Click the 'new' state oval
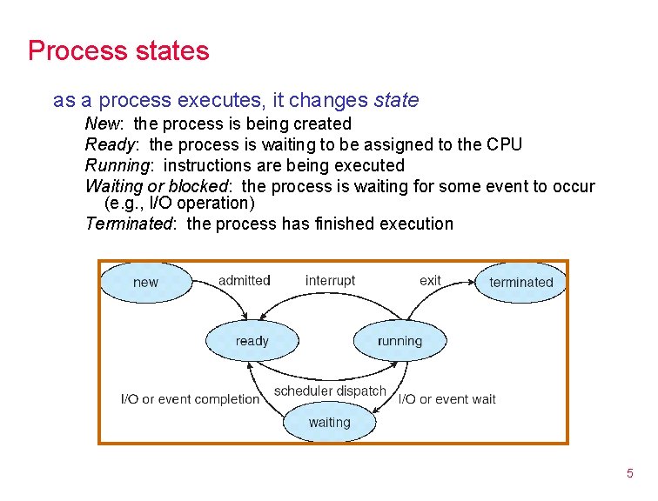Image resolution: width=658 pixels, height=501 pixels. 145,282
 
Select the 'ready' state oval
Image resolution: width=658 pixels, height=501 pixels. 252,341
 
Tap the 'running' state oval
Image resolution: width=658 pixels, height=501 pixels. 399,341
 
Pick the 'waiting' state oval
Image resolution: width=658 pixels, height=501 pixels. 329,423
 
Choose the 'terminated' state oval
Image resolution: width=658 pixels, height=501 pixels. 520,282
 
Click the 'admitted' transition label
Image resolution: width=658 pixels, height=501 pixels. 244,280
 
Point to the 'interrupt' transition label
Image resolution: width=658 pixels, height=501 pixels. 330,280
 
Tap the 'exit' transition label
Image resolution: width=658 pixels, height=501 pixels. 430,280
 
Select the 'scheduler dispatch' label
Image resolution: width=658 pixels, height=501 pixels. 330,391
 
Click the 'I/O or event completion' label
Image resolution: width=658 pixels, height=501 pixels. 190,399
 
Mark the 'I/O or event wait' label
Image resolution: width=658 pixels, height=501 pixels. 446,399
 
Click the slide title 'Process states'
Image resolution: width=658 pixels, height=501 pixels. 118,50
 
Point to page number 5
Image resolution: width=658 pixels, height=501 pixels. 629,474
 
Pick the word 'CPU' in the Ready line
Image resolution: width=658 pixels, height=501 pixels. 505,144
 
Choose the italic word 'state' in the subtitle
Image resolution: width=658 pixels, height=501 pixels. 396,100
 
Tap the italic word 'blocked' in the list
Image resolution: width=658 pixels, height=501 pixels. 198,186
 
